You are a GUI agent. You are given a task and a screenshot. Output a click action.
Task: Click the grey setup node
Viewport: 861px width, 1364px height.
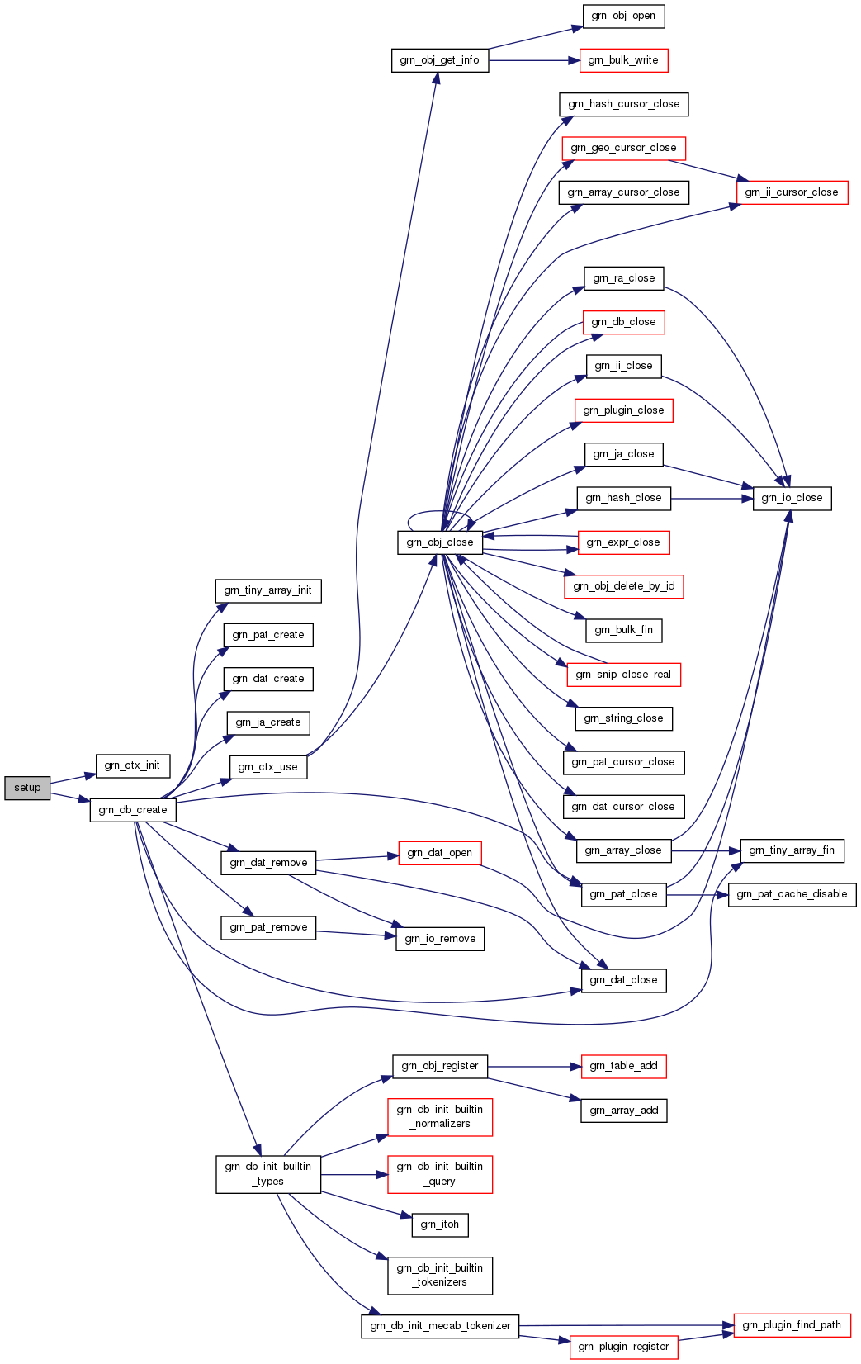27,788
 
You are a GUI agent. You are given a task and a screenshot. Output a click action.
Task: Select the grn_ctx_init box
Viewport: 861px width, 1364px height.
132,765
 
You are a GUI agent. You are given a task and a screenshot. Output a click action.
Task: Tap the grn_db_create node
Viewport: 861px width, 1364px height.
133,810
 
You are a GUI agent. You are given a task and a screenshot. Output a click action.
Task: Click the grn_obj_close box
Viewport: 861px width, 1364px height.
440,542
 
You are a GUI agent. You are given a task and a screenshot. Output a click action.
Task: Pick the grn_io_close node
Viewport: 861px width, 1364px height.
792,498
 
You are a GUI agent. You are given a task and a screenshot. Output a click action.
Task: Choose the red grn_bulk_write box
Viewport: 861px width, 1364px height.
623,60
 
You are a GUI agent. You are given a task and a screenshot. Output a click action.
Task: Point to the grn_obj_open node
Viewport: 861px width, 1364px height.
623,16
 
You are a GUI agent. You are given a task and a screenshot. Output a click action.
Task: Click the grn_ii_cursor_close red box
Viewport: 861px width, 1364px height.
792,192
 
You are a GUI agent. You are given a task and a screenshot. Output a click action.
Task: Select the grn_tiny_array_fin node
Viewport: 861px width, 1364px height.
792,850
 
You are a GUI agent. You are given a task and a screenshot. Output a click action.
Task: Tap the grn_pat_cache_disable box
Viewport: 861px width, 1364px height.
792,894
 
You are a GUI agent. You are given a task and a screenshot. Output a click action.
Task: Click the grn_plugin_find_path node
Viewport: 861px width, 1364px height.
792,1325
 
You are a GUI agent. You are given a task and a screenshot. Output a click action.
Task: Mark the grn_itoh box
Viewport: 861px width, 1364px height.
440,1224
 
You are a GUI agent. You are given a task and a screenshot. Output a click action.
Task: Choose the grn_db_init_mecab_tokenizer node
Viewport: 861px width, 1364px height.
440,1326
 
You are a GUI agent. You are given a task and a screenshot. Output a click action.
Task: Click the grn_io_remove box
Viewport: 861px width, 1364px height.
440,938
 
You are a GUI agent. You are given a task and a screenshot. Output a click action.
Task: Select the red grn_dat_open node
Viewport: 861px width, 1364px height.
440,853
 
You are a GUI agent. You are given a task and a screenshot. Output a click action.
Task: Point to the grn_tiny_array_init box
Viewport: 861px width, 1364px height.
268,590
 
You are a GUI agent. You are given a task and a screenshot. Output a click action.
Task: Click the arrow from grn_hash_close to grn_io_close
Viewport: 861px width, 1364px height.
712,498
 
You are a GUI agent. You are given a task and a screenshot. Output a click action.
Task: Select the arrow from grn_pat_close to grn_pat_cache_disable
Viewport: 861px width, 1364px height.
698,894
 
